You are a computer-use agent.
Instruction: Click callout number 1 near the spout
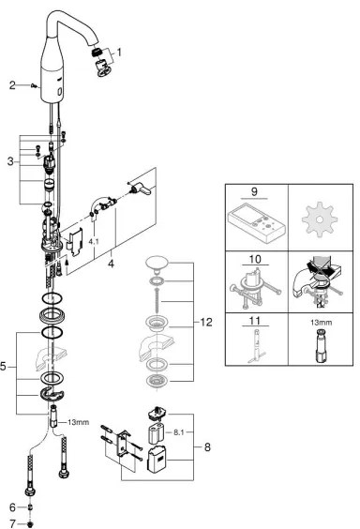(x=118, y=53)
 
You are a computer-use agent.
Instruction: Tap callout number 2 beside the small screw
(x=13, y=85)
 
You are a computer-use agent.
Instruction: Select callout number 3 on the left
(x=10, y=162)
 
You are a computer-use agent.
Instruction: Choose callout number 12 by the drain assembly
(x=207, y=323)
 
